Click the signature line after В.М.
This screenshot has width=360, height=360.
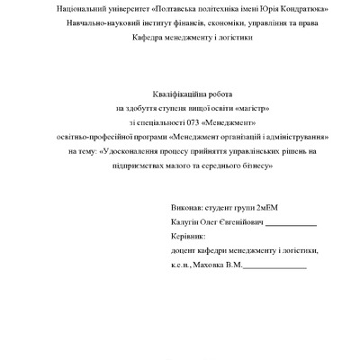point(275,267)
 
